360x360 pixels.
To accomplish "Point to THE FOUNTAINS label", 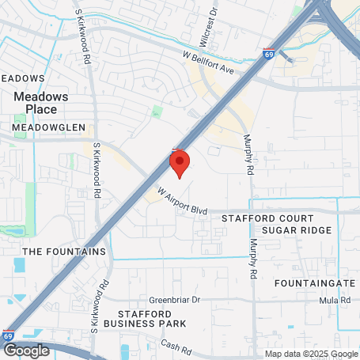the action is tap(64, 252).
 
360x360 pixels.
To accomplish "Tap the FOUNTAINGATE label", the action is tap(313, 282).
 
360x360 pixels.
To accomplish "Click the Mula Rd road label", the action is tap(335, 301).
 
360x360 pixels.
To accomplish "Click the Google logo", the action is tap(26, 351).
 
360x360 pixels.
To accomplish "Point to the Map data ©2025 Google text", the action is tap(311, 354).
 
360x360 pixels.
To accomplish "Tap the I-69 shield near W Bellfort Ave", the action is tap(270, 55).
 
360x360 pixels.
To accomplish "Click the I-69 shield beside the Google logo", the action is tap(8, 336).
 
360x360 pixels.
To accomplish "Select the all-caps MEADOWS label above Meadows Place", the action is tap(22, 78).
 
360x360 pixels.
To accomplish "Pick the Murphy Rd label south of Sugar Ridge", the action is tap(254, 259).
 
